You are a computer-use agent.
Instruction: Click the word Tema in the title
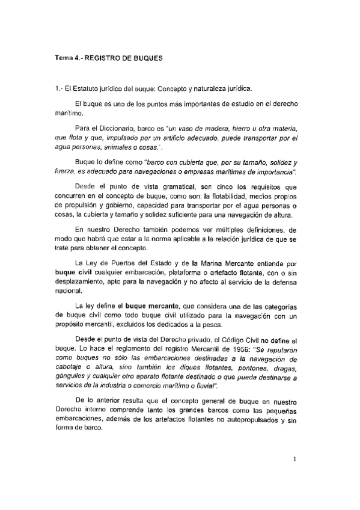click(63, 59)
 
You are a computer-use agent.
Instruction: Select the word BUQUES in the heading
click(147, 59)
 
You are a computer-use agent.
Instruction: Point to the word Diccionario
click(122, 128)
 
